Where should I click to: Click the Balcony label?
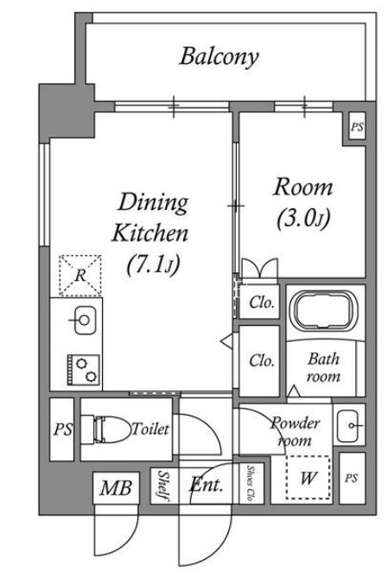pos(219,57)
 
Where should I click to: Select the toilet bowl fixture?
pos(108,429)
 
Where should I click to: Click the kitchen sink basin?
pos(85,320)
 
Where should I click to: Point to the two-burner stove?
pos(83,370)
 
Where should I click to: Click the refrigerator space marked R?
pos(80,275)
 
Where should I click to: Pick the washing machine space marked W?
pos(308,478)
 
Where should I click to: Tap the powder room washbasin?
pos(348,426)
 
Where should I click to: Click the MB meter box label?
pos(116,487)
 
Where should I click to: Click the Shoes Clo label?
pos(251,483)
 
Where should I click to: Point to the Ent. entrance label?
pos(207,485)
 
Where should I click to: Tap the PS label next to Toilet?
pos(63,429)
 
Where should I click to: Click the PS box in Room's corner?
pos(357,126)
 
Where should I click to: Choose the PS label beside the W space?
pos(352,478)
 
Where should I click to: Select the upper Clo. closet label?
pos(262,302)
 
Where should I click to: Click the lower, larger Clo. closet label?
pos(262,360)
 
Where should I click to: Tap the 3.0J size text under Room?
pos(303,219)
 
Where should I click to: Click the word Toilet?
pos(150,429)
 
